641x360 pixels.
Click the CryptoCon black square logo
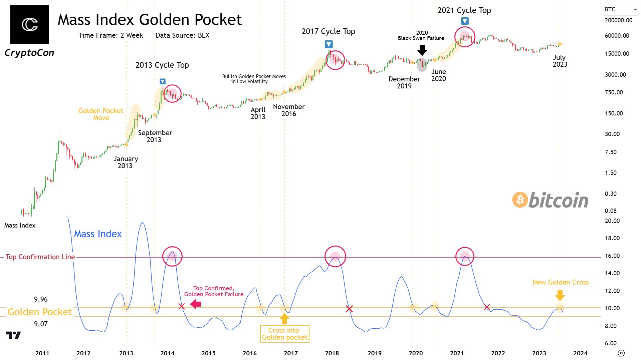tap(29, 24)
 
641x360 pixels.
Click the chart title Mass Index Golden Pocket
tap(150, 20)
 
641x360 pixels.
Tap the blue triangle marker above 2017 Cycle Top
tap(329, 44)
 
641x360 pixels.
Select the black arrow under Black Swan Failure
tap(422, 50)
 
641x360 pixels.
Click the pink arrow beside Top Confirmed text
tap(196, 304)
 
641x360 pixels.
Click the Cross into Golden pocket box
tap(284, 334)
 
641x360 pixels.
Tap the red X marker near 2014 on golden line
tap(181, 306)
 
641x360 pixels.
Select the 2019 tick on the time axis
tap(374, 353)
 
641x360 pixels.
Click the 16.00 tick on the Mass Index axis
tap(612, 256)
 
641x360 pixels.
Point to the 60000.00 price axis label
tap(617, 36)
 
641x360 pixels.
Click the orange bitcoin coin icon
tap(520, 200)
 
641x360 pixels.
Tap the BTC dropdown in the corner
tap(620, 9)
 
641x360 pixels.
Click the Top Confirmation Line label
tap(40, 257)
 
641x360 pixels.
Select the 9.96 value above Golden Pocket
tap(41, 299)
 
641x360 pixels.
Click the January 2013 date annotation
tap(126, 162)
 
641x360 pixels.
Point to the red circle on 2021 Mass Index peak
tap(465, 256)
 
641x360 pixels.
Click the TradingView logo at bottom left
tap(13, 335)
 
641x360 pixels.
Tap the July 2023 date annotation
tap(560, 61)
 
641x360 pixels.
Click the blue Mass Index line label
tap(98, 234)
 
